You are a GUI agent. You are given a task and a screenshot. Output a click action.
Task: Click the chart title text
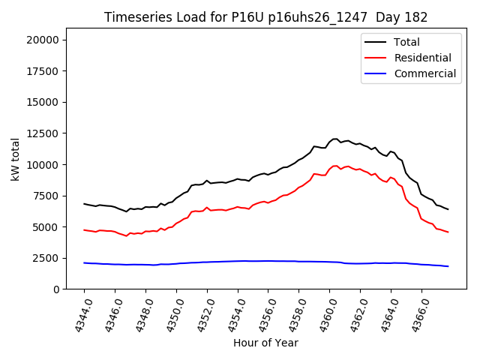click(x=265, y=17)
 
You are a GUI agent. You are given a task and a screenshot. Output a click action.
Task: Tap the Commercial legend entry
click(x=424, y=73)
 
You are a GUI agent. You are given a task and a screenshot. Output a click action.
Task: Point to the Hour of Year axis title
click(x=265, y=343)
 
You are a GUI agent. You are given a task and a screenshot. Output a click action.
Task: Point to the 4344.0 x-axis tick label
click(x=78, y=315)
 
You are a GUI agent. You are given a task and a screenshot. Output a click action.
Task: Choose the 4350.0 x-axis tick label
click(x=170, y=315)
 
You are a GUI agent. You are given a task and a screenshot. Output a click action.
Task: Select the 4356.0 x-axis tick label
click(x=262, y=315)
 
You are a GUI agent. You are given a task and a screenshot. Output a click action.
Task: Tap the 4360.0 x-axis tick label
click(x=323, y=315)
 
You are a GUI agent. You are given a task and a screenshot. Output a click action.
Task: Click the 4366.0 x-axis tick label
click(x=415, y=315)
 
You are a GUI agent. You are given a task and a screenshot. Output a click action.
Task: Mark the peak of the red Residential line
click(x=335, y=166)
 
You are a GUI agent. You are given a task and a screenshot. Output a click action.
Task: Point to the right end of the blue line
click(x=448, y=266)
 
